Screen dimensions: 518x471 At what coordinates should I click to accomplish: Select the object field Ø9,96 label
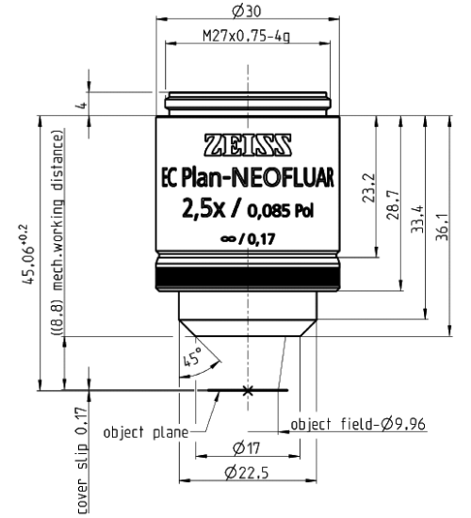[358, 424]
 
